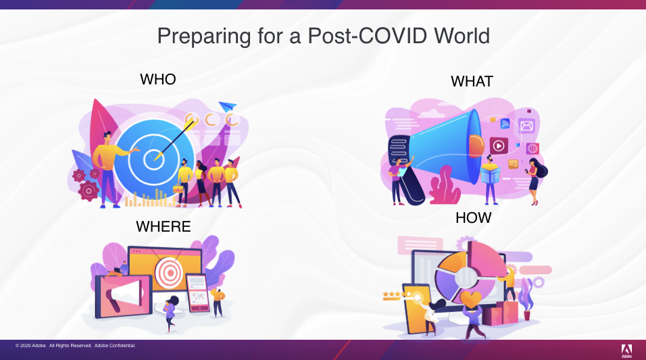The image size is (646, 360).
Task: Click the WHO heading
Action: point(158,79)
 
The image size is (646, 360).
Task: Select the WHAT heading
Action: point(472,81)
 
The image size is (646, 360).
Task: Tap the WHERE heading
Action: point(164,226)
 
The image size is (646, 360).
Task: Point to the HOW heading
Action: point(474,217)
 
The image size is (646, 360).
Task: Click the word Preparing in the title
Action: point(204,36)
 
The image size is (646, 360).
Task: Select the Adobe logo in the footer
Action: point(626,351)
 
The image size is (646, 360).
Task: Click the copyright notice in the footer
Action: point(76,346)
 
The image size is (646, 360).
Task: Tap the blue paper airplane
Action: point(228,106)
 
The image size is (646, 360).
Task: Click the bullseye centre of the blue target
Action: point(153,159)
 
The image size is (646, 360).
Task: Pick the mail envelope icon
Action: point(526,126)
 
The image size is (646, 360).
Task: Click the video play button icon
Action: point(499,145)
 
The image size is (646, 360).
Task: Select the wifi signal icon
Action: point(505,123)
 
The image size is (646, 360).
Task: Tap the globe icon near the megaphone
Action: point(532,148)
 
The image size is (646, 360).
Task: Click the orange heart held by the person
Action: point(470,299)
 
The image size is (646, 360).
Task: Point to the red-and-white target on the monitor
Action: point(169,272)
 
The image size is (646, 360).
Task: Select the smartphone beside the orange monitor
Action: point(198,293)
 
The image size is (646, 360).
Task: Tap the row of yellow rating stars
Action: point(397,294)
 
